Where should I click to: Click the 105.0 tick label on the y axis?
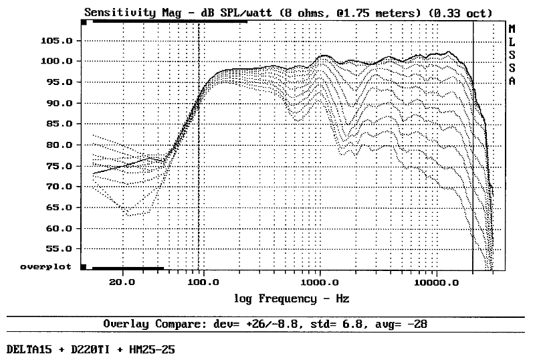[x=57, y=41]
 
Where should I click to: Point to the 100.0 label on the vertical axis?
[x=57, y=61]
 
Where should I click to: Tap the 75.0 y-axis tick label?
[x=59, y=167]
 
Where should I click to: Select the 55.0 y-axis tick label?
[x=59, y=249]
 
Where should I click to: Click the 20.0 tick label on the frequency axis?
[x=122, y=282]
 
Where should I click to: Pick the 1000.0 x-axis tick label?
[x=320, y=282]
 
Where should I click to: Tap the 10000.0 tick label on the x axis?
[x=437, y=282]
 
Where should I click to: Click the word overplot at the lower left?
[x=45, y=267]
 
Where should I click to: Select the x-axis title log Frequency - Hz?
[x=292, y=299]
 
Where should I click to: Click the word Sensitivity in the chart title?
[x=120, y=13]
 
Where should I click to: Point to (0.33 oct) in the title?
[x=460, y=13]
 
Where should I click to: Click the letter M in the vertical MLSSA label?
[x=512, y=29]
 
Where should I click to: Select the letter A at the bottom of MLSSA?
[x=512, y=81]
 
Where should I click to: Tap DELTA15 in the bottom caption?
[x=29, y=350]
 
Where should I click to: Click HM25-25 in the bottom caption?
[x=152, y=350]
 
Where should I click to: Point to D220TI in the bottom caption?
[x=90, y=350]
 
